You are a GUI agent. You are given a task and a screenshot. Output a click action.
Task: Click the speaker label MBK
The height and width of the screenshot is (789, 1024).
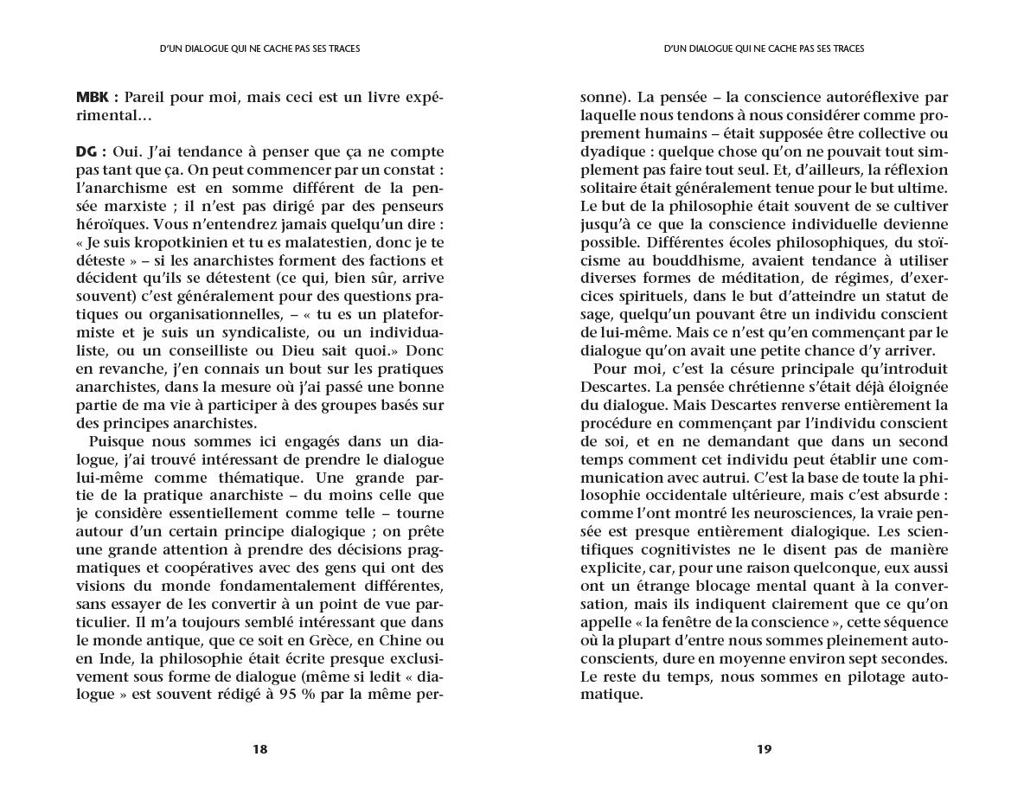93,98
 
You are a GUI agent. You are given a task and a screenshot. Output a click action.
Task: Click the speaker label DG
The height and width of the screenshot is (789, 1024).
88,152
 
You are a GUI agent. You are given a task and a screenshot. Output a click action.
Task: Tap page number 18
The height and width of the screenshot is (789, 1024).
259,749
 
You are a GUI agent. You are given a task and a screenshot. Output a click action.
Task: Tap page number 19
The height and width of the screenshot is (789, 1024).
764,749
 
